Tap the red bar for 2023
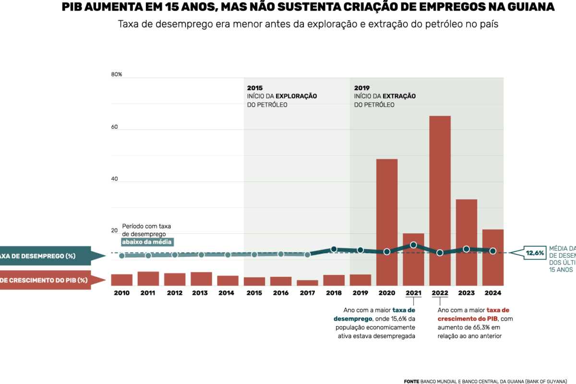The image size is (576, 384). [466, 242]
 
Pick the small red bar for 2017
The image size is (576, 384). [307, 283]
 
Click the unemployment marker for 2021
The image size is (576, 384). [413, 245]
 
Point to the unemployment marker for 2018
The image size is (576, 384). [334, 249]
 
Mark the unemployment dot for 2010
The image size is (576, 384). [122, 256]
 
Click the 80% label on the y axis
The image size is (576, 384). [117, 74]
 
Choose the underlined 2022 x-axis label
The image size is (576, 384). [440, 293]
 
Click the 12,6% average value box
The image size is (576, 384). [535, 252]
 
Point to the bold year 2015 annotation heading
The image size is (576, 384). [255, 88]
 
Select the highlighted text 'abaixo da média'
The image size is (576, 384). [146, 242]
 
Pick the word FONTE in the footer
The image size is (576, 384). [411, 381]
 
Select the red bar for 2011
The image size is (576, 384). [148, 279]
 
